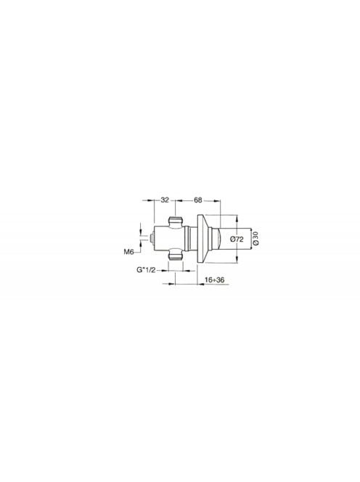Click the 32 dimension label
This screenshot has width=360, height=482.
[165, 200]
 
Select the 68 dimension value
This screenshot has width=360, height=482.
[197, 200]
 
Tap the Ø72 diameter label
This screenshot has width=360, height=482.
[237, 239]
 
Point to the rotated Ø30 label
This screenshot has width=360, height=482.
[256, 238]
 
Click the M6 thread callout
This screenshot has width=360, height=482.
[128, 252]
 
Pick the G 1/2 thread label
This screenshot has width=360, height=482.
[147, 270]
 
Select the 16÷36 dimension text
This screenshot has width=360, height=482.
[214, 279]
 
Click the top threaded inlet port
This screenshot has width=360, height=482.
[175, 222]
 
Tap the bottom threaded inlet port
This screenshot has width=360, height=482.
[175, 255]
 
